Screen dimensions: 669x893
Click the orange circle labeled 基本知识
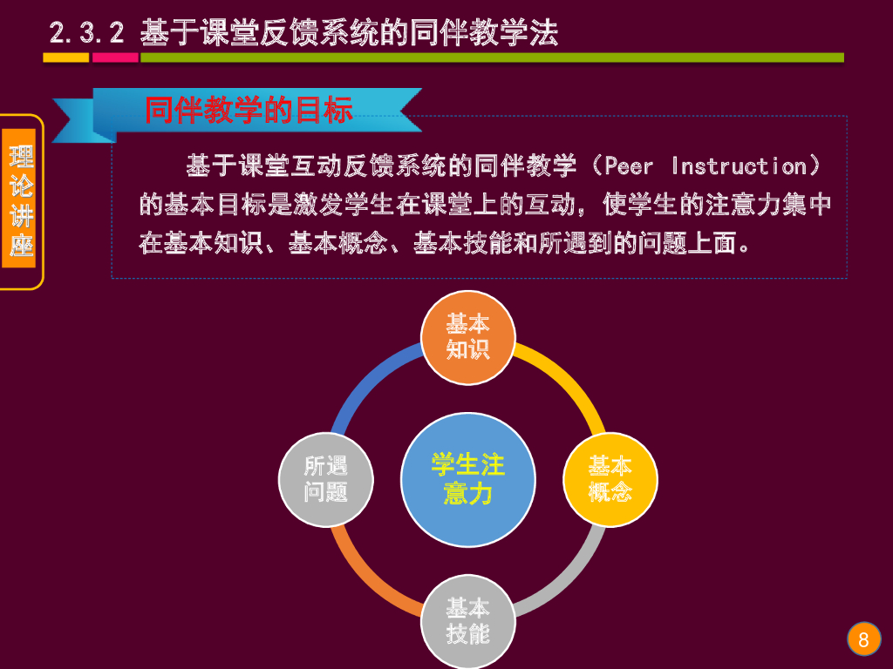[468, 337]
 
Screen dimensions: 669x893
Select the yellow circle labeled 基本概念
[610, 479]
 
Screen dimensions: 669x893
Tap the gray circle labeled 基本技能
[468, 620]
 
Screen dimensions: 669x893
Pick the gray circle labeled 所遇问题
[326, 479]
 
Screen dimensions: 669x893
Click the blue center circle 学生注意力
[468, 479]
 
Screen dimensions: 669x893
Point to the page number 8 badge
[863, 640]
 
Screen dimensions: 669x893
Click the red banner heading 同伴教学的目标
[249, 111]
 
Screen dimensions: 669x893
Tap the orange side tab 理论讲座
[21, 201]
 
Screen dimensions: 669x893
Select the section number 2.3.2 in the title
[87, 34]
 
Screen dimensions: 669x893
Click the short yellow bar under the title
[66, 57]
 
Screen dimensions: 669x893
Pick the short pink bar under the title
[115, 57]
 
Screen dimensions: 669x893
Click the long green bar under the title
[492, 57]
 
